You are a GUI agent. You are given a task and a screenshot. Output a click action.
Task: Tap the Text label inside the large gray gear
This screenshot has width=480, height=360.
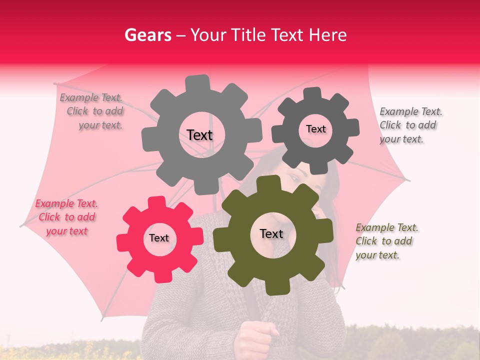coord(199,135)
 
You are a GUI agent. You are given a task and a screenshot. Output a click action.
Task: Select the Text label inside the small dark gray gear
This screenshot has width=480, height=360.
coord(315,129)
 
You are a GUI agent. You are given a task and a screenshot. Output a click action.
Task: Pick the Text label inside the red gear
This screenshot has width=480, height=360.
coord(159,238)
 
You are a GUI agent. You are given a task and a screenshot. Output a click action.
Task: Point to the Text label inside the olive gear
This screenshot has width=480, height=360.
coord(271,234)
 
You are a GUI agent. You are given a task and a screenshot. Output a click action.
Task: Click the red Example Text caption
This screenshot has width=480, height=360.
coord(67,217)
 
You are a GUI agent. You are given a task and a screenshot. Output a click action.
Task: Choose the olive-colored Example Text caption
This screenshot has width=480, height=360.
coord(387,241)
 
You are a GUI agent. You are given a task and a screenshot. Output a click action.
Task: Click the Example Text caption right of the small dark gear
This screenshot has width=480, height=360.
coord(411,125)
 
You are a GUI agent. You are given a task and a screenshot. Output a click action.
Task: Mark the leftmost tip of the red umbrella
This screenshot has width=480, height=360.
coord(21,225)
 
